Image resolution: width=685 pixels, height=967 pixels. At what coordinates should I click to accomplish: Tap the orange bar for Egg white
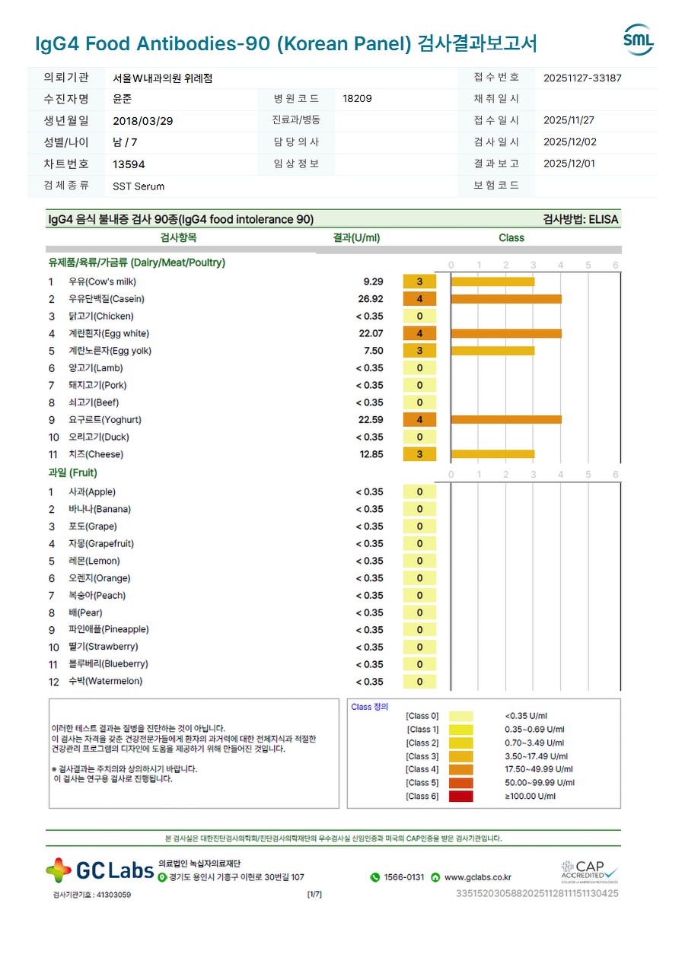click(506, 333)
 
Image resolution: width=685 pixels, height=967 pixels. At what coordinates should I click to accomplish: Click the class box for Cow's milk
click(419, 282)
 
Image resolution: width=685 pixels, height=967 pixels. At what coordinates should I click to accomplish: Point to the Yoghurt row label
click(105, 420)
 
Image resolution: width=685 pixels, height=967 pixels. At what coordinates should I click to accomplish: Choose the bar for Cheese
click(492, 454)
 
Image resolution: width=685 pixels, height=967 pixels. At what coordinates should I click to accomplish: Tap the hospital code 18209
click(357, 99)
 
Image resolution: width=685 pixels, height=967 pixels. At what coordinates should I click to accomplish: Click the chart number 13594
click(129, 164)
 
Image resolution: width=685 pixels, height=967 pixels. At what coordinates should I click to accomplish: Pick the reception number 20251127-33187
click(583, 78)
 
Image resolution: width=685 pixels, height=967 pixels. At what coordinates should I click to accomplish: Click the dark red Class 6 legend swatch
click(460, 797)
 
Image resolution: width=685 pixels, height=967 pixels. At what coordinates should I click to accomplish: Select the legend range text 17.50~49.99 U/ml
click(539, 770)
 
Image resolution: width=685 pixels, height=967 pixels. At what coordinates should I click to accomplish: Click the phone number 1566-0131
click(403, 877)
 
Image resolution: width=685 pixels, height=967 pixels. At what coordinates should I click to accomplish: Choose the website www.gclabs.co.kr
click(477, 877)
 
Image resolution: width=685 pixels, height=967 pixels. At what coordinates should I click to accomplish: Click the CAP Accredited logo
click(589, 870)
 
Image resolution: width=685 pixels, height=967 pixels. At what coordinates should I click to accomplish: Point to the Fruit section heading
click(73, 473)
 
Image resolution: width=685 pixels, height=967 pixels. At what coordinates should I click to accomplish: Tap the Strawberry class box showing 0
click(419, 647)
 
